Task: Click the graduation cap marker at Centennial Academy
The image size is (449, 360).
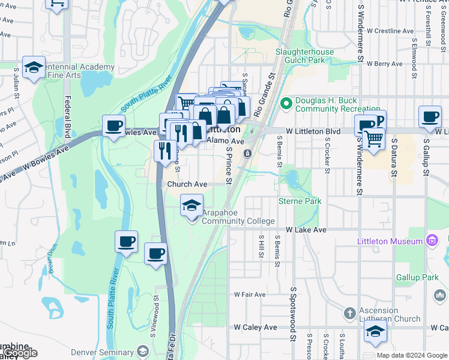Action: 34,68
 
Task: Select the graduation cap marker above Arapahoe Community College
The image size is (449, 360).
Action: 191,206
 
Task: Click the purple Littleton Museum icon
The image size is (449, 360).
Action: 431,241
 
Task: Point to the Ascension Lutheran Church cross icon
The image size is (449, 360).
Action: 350,314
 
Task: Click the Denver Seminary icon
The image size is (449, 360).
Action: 143,352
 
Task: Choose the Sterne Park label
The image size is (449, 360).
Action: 300,201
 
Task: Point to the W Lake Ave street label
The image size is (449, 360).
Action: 306,230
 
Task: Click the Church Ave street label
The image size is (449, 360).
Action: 187,184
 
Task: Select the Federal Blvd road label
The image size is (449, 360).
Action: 67,121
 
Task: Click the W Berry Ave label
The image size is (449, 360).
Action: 384,64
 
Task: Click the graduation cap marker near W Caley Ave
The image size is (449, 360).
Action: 375,331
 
